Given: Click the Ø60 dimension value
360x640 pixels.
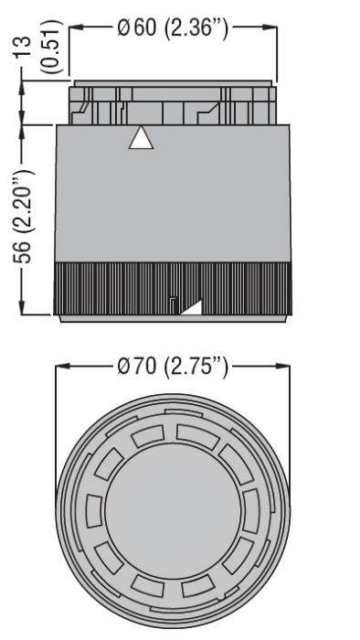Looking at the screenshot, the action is [x=136, y=27].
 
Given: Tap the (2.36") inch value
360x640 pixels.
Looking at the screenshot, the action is [x=196, y=28].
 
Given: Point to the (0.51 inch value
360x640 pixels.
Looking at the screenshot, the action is [x=53, y=46].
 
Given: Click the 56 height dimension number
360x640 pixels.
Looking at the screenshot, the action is [x=23, y=251].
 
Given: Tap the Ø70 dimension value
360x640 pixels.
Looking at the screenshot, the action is [x=136, y=366].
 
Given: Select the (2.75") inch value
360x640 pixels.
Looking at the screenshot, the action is [x=196, y=367].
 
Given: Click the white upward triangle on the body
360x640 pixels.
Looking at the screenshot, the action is [x=141, y=140].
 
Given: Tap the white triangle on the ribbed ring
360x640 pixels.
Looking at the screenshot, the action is [x=194, y=309].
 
